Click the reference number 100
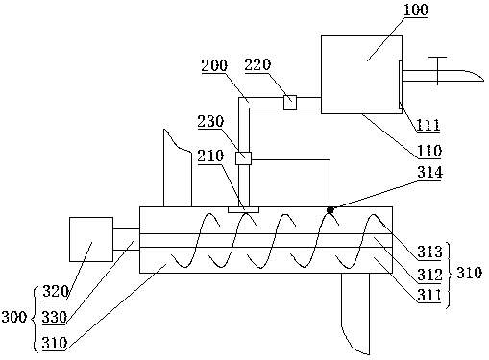tap(416, 10)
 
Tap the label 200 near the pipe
tap(214, 65)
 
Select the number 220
tap(257, 64)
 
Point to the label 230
tap(210, 122)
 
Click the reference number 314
tap(429, 173)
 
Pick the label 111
tap(428, 125)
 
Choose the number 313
tap(429, 252)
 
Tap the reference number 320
tap(56, 292)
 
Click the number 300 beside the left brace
tap(13, 317)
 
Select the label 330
tap(55, 318)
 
